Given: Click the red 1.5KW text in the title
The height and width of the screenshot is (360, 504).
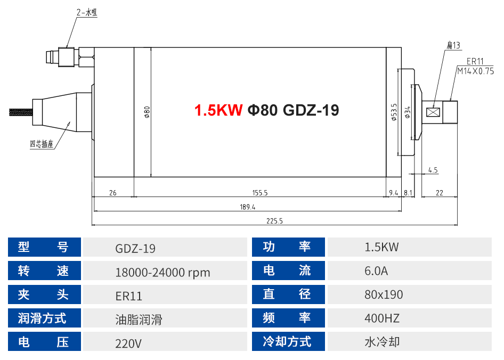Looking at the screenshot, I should click(218, 110).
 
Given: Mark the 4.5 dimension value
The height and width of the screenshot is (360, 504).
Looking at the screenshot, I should click(433, 170).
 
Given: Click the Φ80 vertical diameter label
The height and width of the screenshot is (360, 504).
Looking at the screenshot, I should click(147, 112).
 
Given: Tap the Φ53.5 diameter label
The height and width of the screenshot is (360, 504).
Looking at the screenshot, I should click(394, 112).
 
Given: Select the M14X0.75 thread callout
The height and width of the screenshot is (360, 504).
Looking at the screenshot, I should click(475, 70).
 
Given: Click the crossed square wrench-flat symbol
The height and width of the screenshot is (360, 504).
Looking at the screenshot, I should click(433, 112).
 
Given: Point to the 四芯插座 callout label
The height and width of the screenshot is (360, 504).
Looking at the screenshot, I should click(41, 144).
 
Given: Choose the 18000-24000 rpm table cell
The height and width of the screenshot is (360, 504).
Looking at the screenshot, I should click(162, 273).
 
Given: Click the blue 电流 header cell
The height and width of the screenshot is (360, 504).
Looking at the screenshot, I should click(288, 271).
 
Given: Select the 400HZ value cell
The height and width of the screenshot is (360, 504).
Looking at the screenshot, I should click(382, 318).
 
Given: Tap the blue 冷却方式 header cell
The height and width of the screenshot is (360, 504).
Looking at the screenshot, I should click(288, 341).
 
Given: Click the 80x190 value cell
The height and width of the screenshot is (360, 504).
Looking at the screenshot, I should click(384, 294).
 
